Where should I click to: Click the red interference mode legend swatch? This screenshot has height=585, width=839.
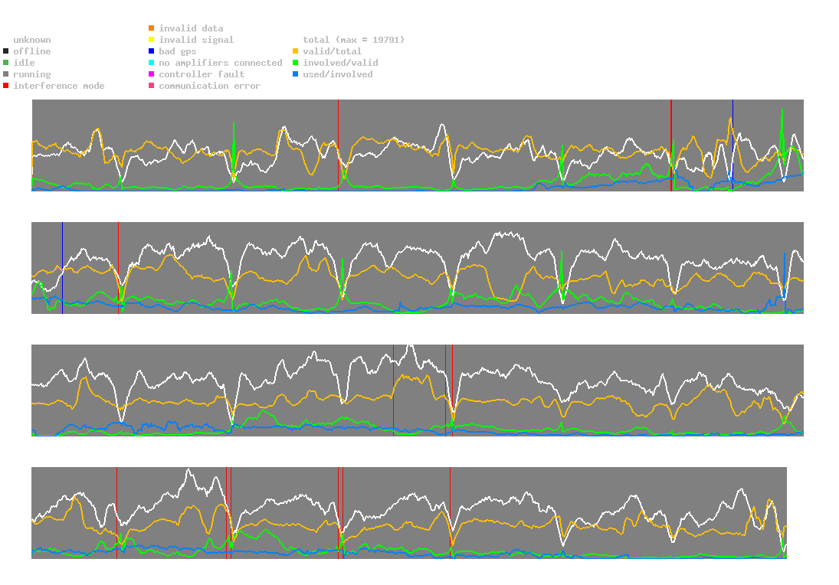(6, 86)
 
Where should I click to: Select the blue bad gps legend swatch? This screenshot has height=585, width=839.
(152, 51)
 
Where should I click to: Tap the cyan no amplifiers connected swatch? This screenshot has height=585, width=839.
(152, 63)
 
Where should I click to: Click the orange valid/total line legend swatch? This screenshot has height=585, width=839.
(296, 51)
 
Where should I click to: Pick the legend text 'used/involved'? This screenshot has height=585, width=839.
(338, 74)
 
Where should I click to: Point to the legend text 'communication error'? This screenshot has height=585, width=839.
(209, 86)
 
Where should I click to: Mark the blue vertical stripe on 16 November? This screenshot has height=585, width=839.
(732, 145)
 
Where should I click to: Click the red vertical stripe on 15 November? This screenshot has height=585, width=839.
(671, 145)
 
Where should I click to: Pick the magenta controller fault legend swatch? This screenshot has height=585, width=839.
(152, 74)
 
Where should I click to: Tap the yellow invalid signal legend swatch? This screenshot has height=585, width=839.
(152, 40)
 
